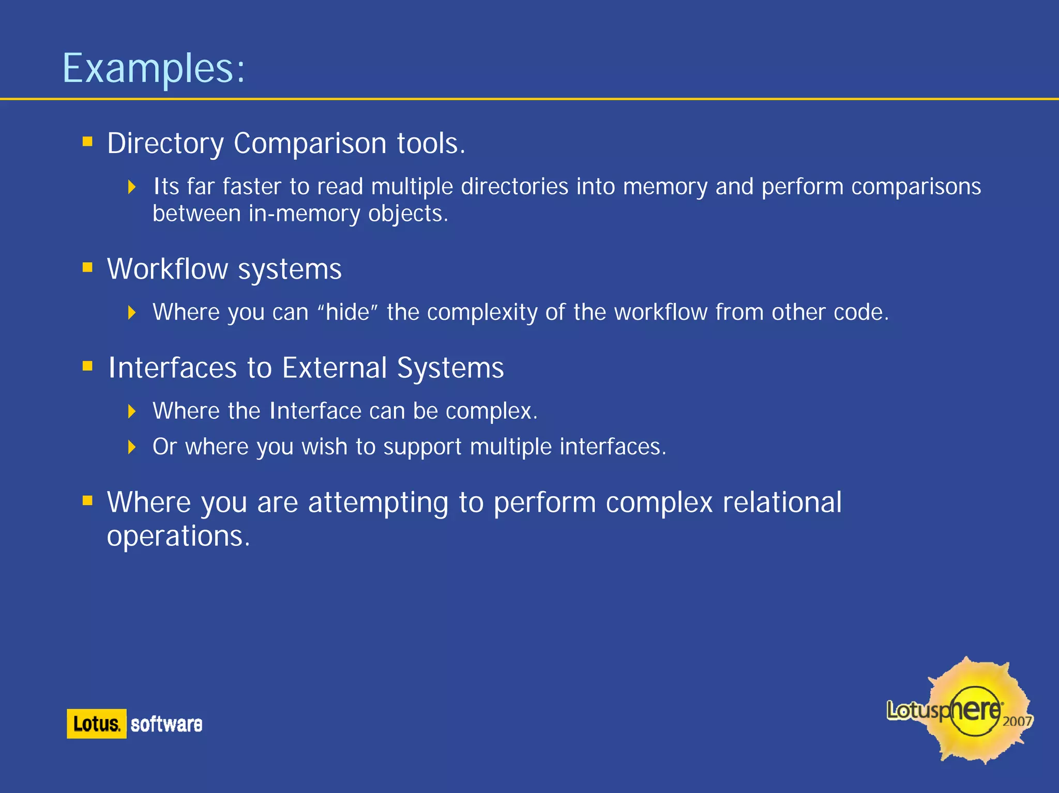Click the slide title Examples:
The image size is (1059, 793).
[153, 68]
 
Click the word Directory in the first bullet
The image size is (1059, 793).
[165, 143]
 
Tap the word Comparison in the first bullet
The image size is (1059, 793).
[310, 143]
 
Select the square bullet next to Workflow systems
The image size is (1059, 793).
[87, 267]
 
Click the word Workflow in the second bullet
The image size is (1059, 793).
[167, 269]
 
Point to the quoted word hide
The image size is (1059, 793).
[347, 312]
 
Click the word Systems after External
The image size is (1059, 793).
[450, 368]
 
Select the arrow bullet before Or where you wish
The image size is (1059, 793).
[132, 447]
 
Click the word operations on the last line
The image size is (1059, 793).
[178, 536]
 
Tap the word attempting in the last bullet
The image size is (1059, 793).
[378, 503]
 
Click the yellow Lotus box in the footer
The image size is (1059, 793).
[97, 724]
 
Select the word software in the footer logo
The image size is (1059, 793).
[166, 724]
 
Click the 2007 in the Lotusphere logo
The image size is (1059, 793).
[1017, 721]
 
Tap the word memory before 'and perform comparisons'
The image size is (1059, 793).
[664, 187]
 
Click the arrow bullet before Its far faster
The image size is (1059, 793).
[132, 187]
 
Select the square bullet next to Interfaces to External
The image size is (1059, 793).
[87, 367]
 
